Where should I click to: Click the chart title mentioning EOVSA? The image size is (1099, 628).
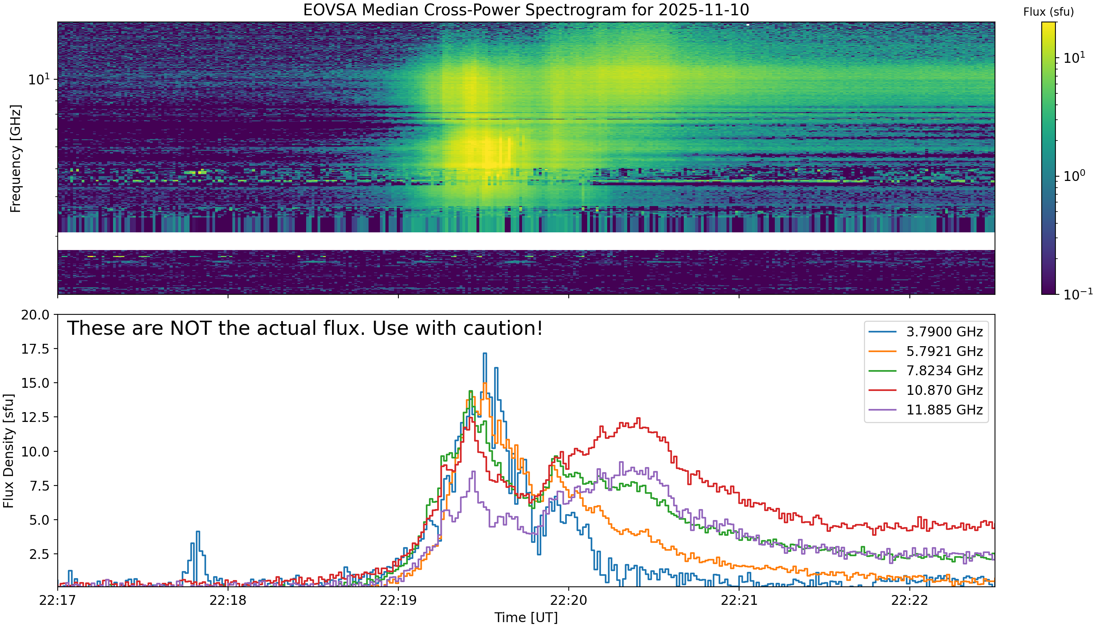(x=526, y=9)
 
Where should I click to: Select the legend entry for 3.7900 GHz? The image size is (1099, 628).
(x=926, y=332)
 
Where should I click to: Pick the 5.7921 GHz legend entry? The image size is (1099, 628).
(x=926, y=351)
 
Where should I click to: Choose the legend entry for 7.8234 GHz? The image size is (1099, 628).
(x=926, y=371)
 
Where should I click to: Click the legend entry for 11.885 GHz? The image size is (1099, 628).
(x=926, y=409)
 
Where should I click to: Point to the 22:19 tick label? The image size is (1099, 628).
(x=398, y=601)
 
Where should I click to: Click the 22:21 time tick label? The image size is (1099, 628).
(x=739, y=601)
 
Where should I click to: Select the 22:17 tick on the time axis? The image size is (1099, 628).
(x=57, y=601)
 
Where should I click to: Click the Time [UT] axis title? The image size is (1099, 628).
(x=526, y=618)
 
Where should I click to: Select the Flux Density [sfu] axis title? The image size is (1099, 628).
(x=9, y=450)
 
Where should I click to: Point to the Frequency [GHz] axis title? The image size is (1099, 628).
(x=15, y=158)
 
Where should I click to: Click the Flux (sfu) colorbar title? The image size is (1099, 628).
(x=1048, y=12)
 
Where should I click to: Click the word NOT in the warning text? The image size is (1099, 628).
(x=190, y=328)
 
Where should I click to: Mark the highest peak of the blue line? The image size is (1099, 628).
(x=485, y=354)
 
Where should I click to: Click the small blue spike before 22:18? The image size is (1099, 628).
(x=197, y=532)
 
